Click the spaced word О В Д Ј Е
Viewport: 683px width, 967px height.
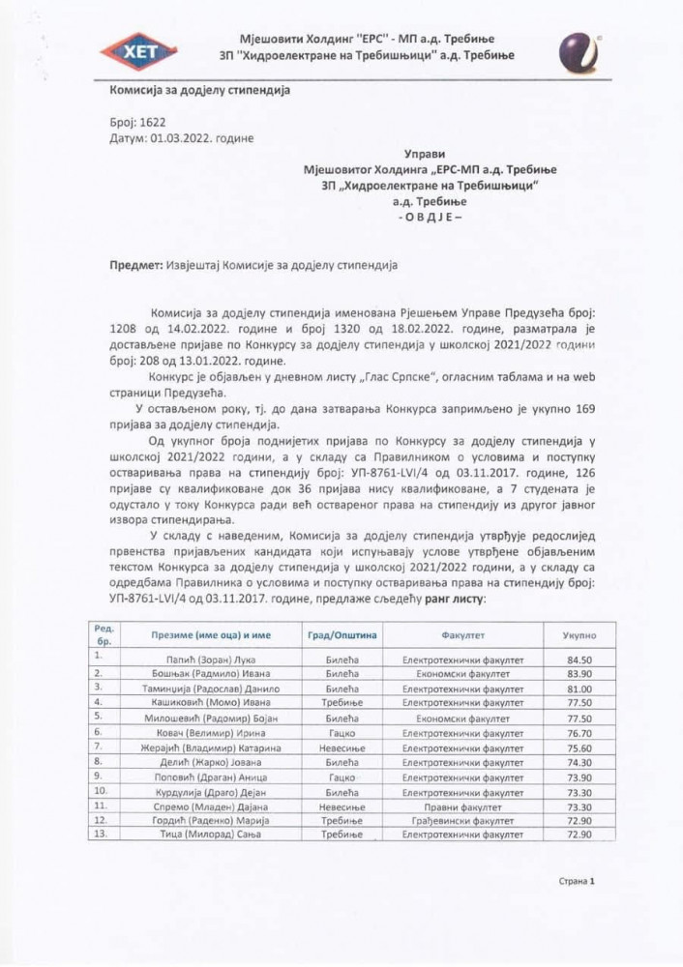click(430, 218)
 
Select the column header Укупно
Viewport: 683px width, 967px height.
click(579, 637)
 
